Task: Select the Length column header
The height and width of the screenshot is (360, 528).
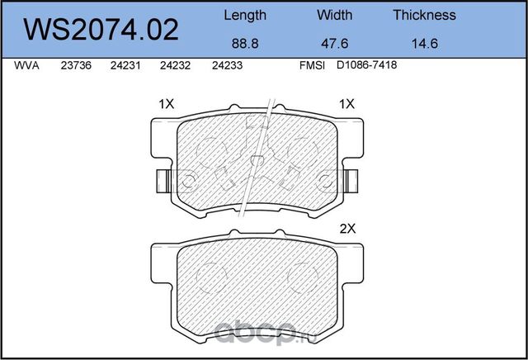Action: pos(245,15)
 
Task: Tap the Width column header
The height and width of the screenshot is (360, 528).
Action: pos(335,15)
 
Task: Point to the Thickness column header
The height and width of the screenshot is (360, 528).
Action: pos(424,15)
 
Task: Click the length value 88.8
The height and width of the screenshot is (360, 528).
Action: pos(245,45)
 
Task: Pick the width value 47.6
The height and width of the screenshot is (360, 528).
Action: pos(335,45)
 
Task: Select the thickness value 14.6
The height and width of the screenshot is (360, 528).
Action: pos(424,45)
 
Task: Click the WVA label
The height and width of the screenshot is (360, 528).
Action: pos(26,69)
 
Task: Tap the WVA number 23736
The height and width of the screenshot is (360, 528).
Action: pos(76,69)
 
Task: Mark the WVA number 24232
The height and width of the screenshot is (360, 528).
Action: pos(175,69)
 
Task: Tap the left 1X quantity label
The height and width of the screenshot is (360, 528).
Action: pos(166,105)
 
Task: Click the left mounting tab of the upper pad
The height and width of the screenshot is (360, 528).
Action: pos(162,178)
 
